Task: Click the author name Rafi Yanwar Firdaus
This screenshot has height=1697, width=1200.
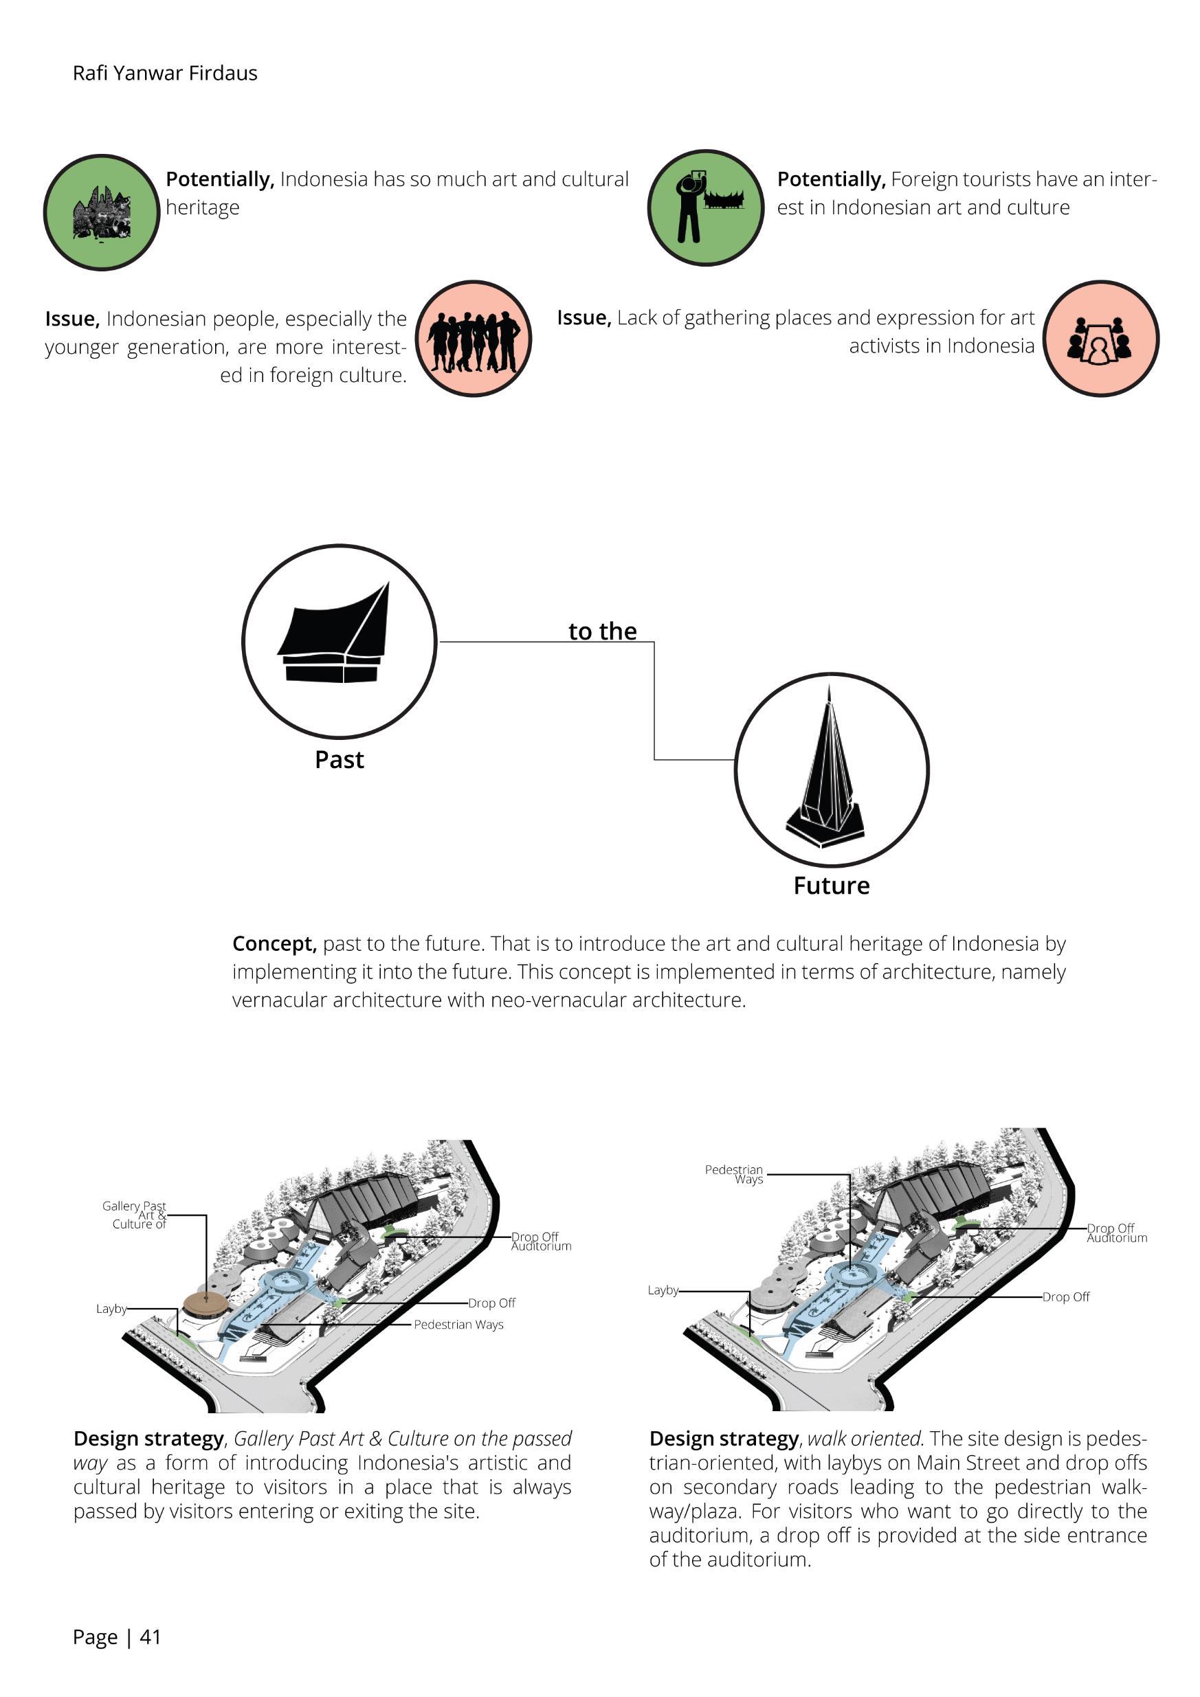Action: (x=165, y=74)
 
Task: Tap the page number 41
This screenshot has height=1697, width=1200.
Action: (x=150, y=1637)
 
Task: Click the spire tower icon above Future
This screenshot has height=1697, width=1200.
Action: (x=827, y=769)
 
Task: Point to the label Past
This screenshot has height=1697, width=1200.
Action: (x=339, y=760)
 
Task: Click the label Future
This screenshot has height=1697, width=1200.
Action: (x=831, y=886)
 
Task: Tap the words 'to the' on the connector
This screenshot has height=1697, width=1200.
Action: (x=602, y=631)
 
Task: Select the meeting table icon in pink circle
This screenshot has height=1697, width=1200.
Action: (x=1100, y=341)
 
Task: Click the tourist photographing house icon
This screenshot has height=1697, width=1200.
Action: (x=705, y=208)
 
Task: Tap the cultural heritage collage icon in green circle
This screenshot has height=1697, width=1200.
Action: (x=102, y=213)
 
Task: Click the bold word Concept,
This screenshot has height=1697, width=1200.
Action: (x=274, y=944)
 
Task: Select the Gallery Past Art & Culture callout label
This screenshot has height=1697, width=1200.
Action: (x=135, y=1215)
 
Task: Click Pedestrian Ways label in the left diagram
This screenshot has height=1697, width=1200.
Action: (x=458, y=1325)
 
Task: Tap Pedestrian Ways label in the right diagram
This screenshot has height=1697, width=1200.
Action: (x=734, y=1174)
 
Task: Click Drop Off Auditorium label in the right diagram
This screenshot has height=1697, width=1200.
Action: (x=1115, y=1233)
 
